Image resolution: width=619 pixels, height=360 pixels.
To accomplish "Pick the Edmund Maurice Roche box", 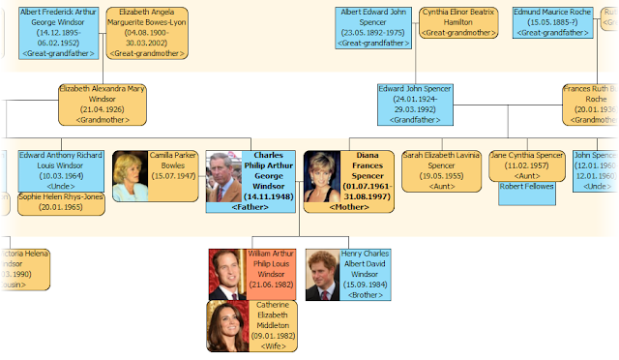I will pos(553,21).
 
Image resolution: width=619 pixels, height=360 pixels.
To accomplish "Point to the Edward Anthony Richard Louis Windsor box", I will pos(60,170).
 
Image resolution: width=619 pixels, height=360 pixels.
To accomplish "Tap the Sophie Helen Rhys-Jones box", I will pos(60,203).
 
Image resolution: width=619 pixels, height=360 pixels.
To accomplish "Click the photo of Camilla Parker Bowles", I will pos(131,176).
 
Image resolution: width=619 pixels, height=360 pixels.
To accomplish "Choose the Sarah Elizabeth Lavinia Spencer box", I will pos(441,170).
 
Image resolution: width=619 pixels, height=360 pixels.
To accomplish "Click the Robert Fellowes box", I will pos(526,187).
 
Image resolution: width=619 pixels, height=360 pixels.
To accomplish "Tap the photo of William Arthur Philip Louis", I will pos(227,274).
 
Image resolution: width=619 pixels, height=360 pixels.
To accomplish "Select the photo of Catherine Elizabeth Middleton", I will pos(227,326).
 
